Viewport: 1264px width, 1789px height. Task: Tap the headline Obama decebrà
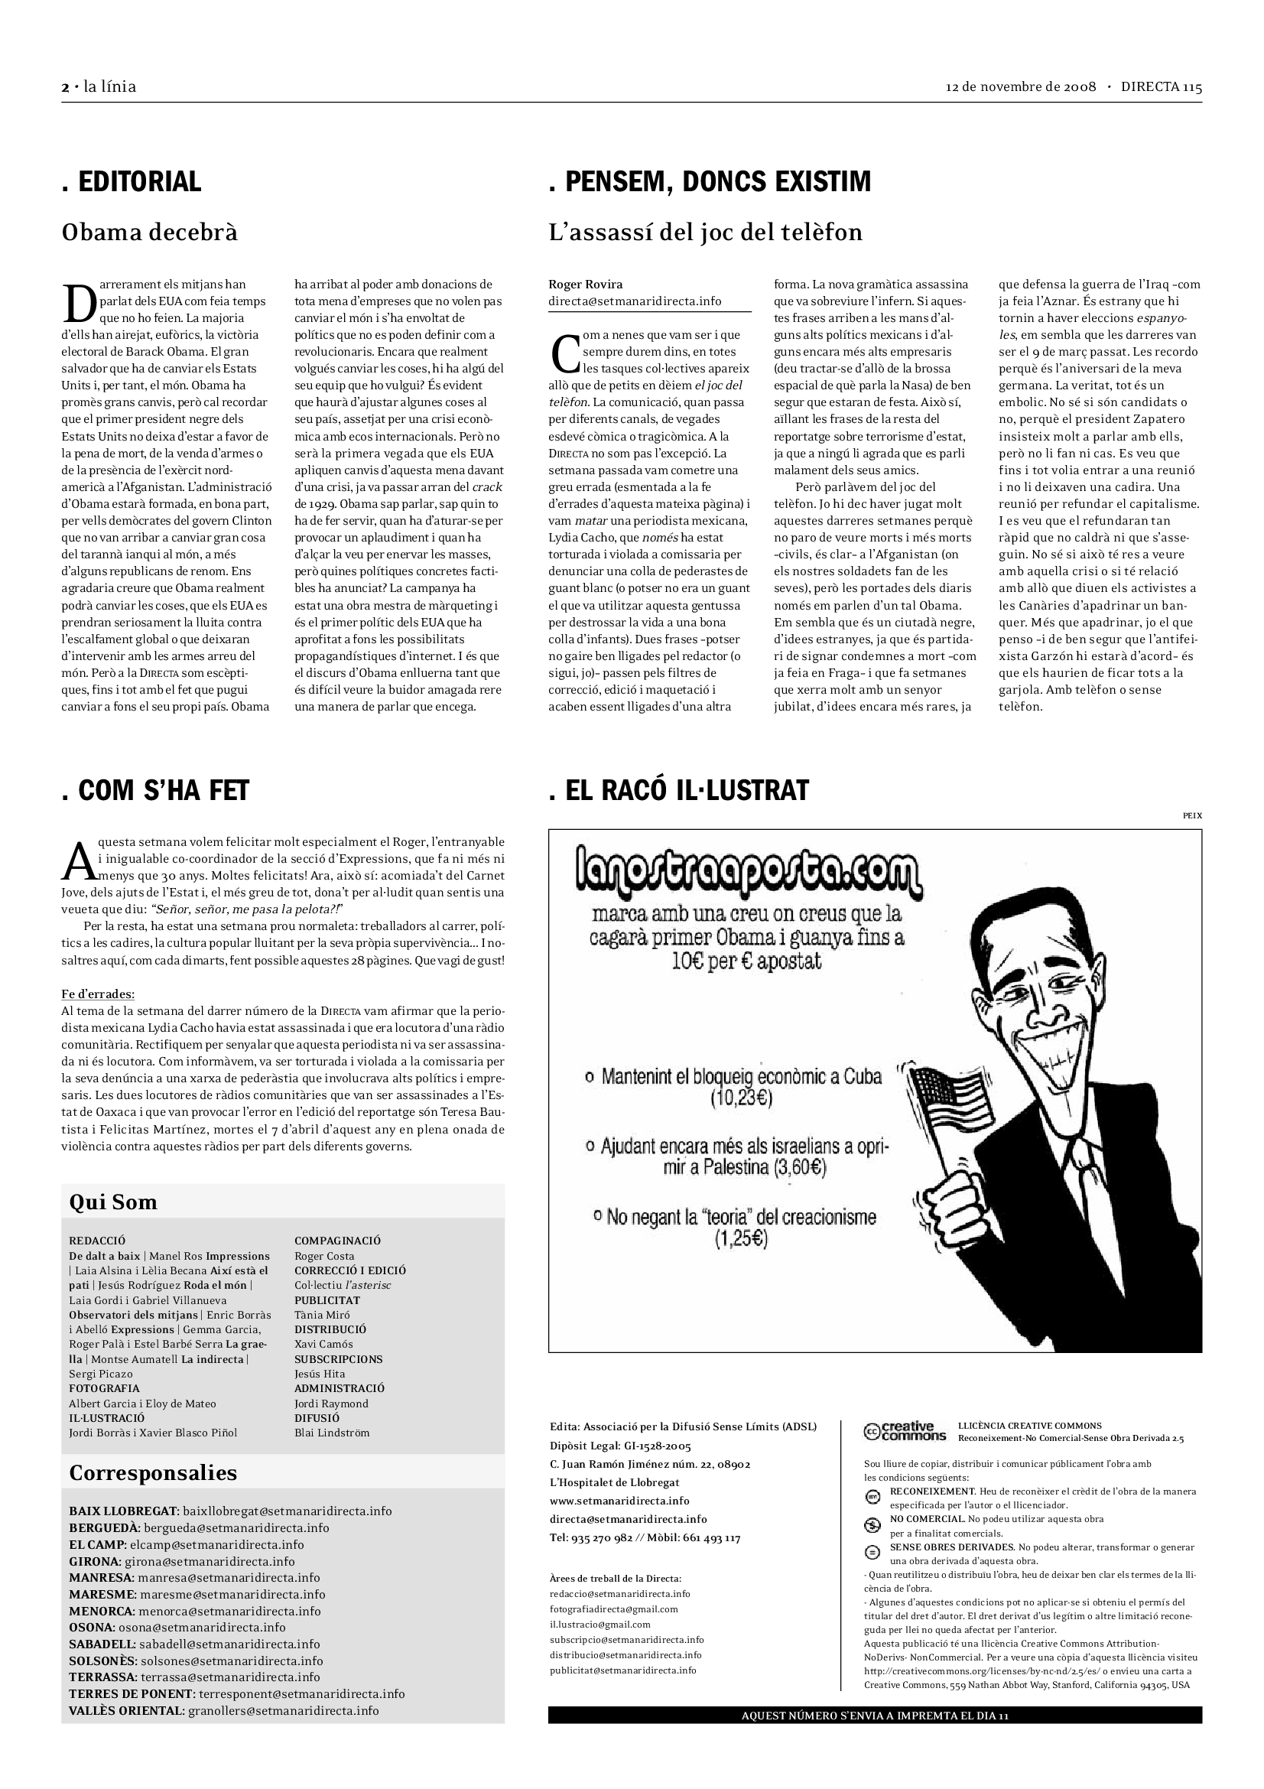(150, 233)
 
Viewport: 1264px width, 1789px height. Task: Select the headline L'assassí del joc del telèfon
(706, 233)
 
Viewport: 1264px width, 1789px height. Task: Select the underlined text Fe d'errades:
(97, 994)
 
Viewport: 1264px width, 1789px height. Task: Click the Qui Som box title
(114, 1202)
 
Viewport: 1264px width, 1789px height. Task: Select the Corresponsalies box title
(154, 1472)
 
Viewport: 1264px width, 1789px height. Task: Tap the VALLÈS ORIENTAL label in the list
(127, 1711)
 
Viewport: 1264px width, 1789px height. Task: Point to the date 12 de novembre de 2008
(1021, 86)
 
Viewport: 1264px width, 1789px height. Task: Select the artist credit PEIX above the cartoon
(1191, 816)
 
